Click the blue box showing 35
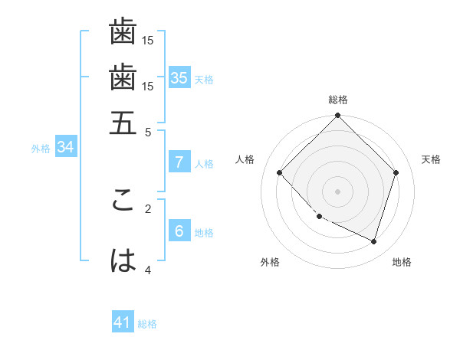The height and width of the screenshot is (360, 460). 179,77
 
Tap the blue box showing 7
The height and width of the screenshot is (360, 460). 179,162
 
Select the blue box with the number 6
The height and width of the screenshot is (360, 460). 179,231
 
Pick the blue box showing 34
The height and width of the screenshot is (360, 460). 65,147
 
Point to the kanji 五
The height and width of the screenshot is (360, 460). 123,123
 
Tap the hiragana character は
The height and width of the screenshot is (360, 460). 123,261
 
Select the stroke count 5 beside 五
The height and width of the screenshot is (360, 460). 149,132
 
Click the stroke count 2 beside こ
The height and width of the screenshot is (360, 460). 149,208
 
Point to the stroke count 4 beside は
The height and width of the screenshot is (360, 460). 149,270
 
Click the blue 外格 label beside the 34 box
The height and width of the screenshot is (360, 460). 41,149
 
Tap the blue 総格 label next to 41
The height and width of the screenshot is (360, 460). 147,324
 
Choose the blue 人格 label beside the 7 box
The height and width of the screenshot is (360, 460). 204,164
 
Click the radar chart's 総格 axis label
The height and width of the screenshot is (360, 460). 338,100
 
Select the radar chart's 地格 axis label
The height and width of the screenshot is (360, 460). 402,263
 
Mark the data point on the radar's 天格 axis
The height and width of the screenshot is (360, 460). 396,172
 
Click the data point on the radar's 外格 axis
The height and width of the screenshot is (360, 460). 320,217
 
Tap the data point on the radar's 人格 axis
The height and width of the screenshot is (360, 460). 280,172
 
